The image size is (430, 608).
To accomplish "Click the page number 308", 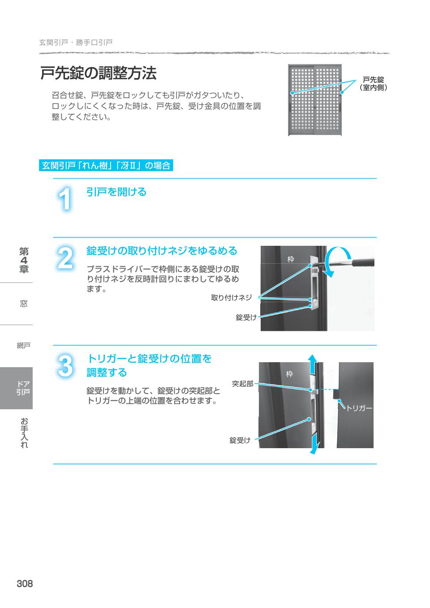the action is pyautogui.click(x=25, y=583).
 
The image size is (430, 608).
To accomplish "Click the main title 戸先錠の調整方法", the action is pyautogui.click(x=98, y=73).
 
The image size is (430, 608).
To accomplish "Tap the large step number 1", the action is pyautogui.click(x=65, y=199).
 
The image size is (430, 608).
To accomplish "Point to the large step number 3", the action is pyautogui.click(x=65, y=366).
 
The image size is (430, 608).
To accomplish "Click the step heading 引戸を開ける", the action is pyautogui.click(x=116, y=192).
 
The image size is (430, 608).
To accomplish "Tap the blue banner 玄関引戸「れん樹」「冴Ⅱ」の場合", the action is pyautogui.click(x=106, y=165).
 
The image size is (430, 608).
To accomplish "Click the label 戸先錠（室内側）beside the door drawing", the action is pyautogui.click(x=373, y=84).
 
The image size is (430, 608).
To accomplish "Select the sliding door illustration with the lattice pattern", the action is pyautogui.click(x=315, y=100).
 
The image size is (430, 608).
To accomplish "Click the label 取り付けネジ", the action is pyautogui.click(x=232, y=298).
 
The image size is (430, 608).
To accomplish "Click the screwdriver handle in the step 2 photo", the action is pyautogui.click(x=363, y=262).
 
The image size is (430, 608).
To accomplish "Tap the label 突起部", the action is pyautogui.click(x=243, y=384).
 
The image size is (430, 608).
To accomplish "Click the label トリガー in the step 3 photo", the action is pyautogui.click(x=359, y=408).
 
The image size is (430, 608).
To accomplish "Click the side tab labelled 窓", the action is pyautogui.click(x=24, y=304).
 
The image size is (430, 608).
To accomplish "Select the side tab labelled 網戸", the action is pyautogui.click(x=24, y=346).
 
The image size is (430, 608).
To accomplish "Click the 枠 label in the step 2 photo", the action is pyautogui.click(x=291, y=260).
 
